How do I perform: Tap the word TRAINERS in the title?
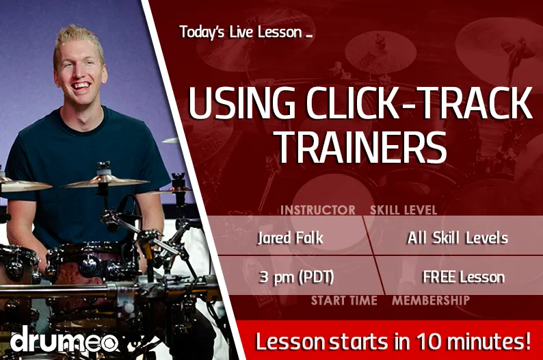362,147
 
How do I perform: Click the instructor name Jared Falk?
290,238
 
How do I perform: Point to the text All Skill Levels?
458,238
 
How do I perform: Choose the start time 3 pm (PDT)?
297,277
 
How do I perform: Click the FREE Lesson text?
464,277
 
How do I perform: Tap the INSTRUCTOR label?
318,210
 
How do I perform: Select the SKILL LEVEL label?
403,210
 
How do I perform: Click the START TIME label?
344,300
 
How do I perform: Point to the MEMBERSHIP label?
431,300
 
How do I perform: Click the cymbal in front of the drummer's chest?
105,181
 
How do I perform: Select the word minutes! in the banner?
488,341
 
